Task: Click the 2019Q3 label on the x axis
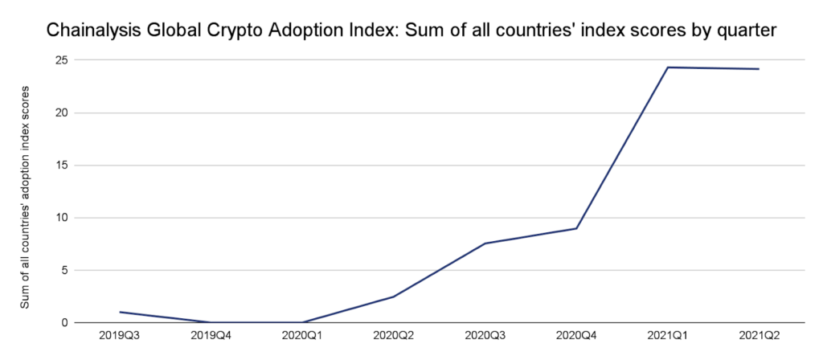point(119,335)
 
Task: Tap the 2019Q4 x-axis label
point(211,335)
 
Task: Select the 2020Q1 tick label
point(302,335)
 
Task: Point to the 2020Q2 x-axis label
point(393,335)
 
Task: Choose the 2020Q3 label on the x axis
point(485,335)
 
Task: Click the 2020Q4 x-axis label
point(576,335)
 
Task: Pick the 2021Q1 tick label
point(667,335)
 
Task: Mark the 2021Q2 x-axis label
point(759,335)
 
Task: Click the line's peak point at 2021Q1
point(667,67)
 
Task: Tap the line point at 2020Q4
point(576,228)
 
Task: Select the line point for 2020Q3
point(485,243)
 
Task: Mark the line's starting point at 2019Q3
point(119,312)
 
